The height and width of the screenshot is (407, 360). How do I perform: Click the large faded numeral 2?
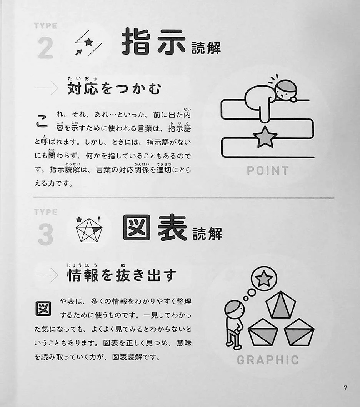pos(46,48)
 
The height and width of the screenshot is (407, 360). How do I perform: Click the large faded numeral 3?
pos(46,234)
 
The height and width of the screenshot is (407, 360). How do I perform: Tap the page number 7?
pos(345,389)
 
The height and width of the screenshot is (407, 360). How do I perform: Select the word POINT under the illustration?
pos(268,170)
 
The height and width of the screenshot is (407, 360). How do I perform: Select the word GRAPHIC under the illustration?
pos(268,360)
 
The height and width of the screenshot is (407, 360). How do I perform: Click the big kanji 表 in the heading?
pos(172,228)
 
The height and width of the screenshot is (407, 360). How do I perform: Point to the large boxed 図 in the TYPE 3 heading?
pos(137,227)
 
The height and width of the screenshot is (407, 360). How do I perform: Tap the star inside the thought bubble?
pos(264,278)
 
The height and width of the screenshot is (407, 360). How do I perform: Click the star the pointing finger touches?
pos(265,137)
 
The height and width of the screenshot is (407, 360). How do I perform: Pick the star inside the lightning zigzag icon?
pos(89,42)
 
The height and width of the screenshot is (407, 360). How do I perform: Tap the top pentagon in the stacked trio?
pos(281,305)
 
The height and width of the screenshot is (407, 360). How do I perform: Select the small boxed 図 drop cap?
pos(43,308)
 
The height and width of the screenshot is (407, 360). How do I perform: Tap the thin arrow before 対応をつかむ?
pos(46,88)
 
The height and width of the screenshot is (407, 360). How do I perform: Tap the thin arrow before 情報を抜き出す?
pos(46,275)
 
